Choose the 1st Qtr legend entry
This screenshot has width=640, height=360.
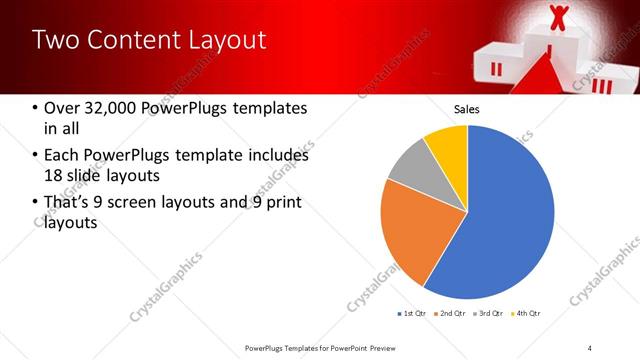[412, 314]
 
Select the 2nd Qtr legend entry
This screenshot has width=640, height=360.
[452, 314]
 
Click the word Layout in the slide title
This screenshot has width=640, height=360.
[227, 40]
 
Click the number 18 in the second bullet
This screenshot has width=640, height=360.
[55, 176]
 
